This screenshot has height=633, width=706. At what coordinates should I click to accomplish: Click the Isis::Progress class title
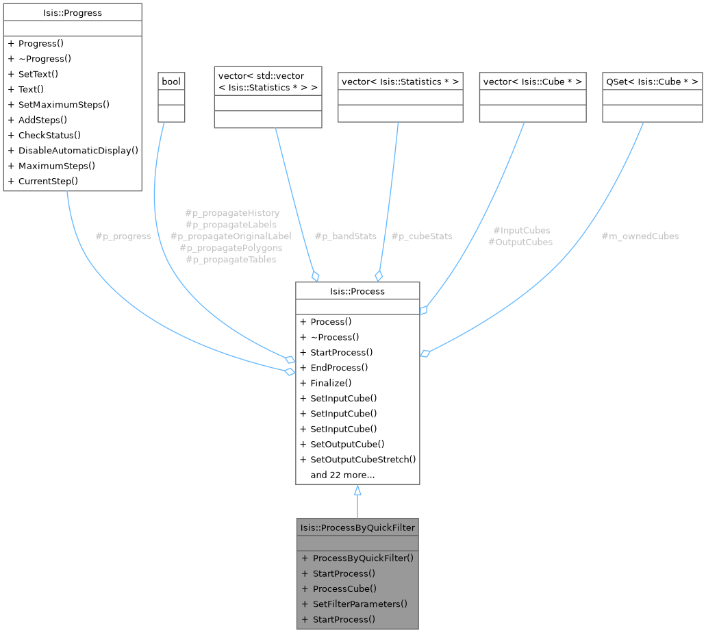point(72,12)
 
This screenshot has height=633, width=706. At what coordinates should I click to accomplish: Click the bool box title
point(171,82)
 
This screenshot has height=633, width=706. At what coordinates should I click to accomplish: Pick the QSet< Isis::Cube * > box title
point(652,82)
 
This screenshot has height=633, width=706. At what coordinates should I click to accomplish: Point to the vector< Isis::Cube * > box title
point(533,82)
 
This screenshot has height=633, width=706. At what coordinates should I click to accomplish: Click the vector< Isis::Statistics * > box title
point(400,82)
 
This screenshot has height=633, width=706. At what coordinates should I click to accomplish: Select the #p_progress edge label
point(123,236)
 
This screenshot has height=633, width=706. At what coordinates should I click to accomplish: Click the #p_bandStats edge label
point(345,236)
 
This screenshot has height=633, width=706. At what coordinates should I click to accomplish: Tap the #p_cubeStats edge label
point(422,236)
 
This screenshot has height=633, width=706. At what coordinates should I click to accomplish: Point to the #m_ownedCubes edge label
point(640,236)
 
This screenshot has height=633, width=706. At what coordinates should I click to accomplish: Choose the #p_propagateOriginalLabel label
point(231,236)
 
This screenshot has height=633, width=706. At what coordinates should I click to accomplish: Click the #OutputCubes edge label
point(520,242)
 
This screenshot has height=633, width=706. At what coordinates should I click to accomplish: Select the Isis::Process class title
point(357,291)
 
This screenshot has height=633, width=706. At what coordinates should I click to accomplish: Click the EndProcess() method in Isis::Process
point(339,367)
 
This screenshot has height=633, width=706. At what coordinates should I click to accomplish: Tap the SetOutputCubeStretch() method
point(363,459)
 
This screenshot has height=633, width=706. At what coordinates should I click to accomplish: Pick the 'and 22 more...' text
point(342,475)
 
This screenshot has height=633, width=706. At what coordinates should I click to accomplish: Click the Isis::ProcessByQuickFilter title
point(357,527)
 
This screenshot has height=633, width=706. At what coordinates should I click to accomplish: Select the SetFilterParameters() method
point(360,604)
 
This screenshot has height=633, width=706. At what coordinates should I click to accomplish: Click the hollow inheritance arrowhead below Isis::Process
point(357,490)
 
